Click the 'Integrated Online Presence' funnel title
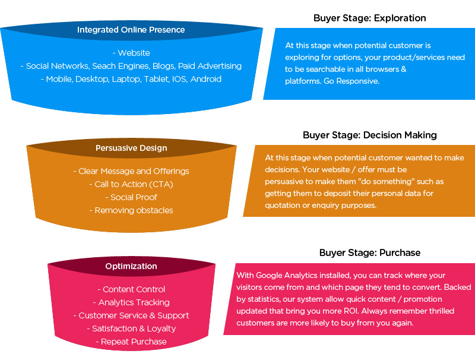131,30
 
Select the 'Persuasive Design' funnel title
131,148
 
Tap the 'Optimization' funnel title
131,266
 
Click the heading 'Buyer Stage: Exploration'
369,18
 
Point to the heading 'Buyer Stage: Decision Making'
369,135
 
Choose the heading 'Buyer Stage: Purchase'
369,252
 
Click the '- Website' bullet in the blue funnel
131,53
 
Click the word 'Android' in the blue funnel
206,79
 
